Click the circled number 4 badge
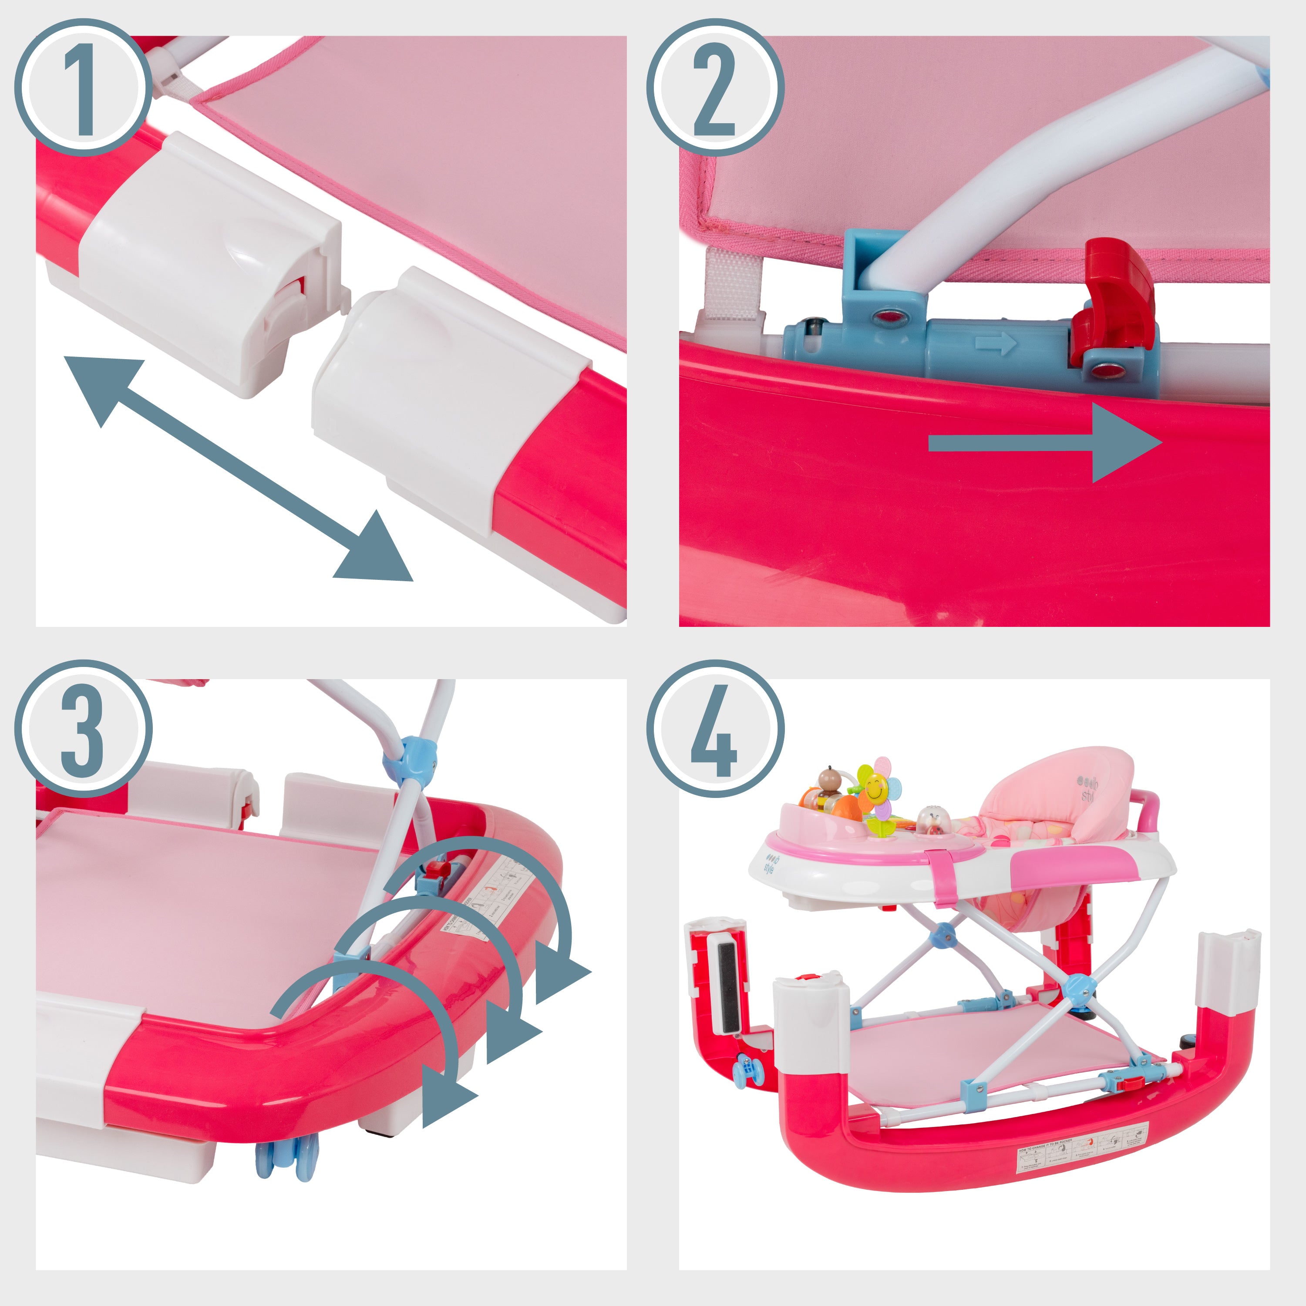715,729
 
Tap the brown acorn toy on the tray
828,781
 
